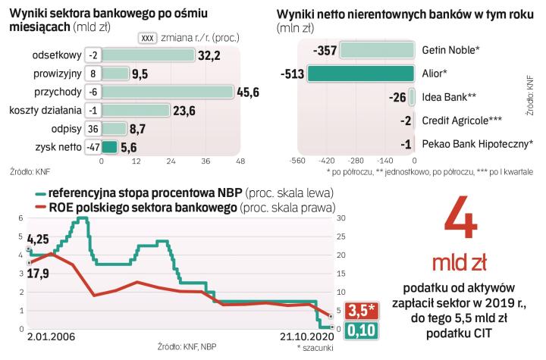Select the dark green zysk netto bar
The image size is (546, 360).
coord(109,147)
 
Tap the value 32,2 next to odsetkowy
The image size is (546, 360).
coord(209,56)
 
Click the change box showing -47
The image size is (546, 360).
coord(93,147)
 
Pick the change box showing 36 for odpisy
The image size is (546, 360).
coord(93,129)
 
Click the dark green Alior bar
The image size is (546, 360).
coord(361,74)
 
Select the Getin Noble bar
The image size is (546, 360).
coord(378,51)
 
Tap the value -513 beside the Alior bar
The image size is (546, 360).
coord(290,74)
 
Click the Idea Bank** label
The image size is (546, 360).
coord(448,97)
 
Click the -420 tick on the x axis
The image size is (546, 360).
coord(328,161)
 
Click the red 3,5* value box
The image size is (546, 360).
coord(361,310)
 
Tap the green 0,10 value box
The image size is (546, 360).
coord(361,330)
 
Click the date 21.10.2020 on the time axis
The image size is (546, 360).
coord(302,335)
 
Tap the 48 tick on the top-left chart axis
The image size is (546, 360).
coord(240,161)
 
